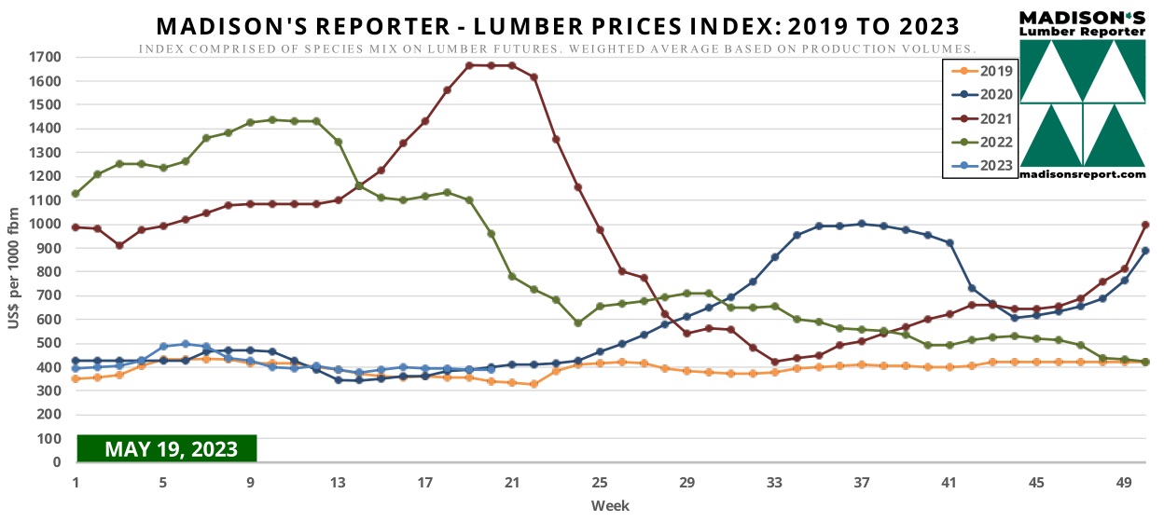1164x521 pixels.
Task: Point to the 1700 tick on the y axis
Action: coord(44,57)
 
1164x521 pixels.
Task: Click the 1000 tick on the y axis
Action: coord(44,224)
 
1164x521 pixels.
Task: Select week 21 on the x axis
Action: coord(512,483)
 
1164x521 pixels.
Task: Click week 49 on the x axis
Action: coord(1123,483)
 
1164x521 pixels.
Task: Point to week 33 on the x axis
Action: coord(774,483)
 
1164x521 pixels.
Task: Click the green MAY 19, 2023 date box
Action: coord(166,448)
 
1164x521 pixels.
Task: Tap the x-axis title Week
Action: coord(610,505)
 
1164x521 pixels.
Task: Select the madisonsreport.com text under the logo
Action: coord(1082,173)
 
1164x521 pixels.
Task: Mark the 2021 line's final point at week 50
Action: coord(1144,225)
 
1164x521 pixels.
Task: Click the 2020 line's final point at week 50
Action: coord(1144,251)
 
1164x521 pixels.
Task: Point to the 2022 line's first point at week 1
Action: coord(76,194)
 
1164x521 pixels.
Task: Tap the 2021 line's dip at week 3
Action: coord(119,245)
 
